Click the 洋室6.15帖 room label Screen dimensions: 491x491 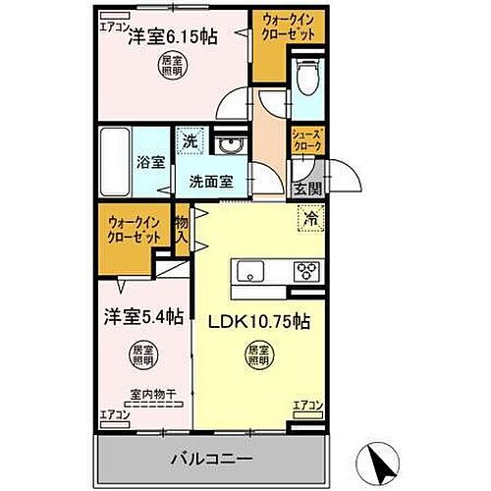pos(173,37)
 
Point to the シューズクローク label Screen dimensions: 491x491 pos(305,141)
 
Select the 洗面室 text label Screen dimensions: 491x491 pos(211,181)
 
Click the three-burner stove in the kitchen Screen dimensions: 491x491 pos(304,271)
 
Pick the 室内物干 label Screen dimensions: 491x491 pos(148,397)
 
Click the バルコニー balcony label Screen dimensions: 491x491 pos(213,459)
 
